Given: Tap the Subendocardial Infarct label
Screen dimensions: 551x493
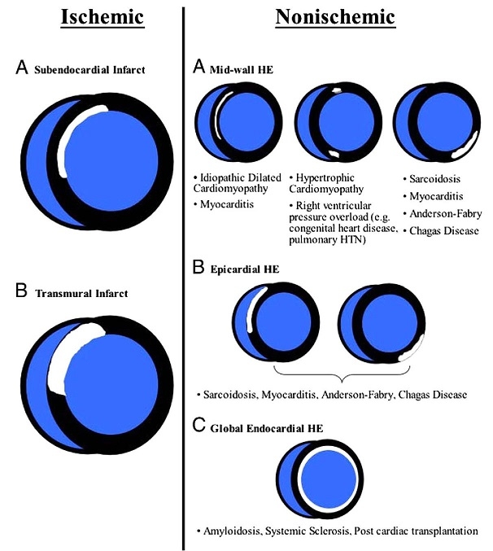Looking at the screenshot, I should pyautogui.click(x=89, y=71).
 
